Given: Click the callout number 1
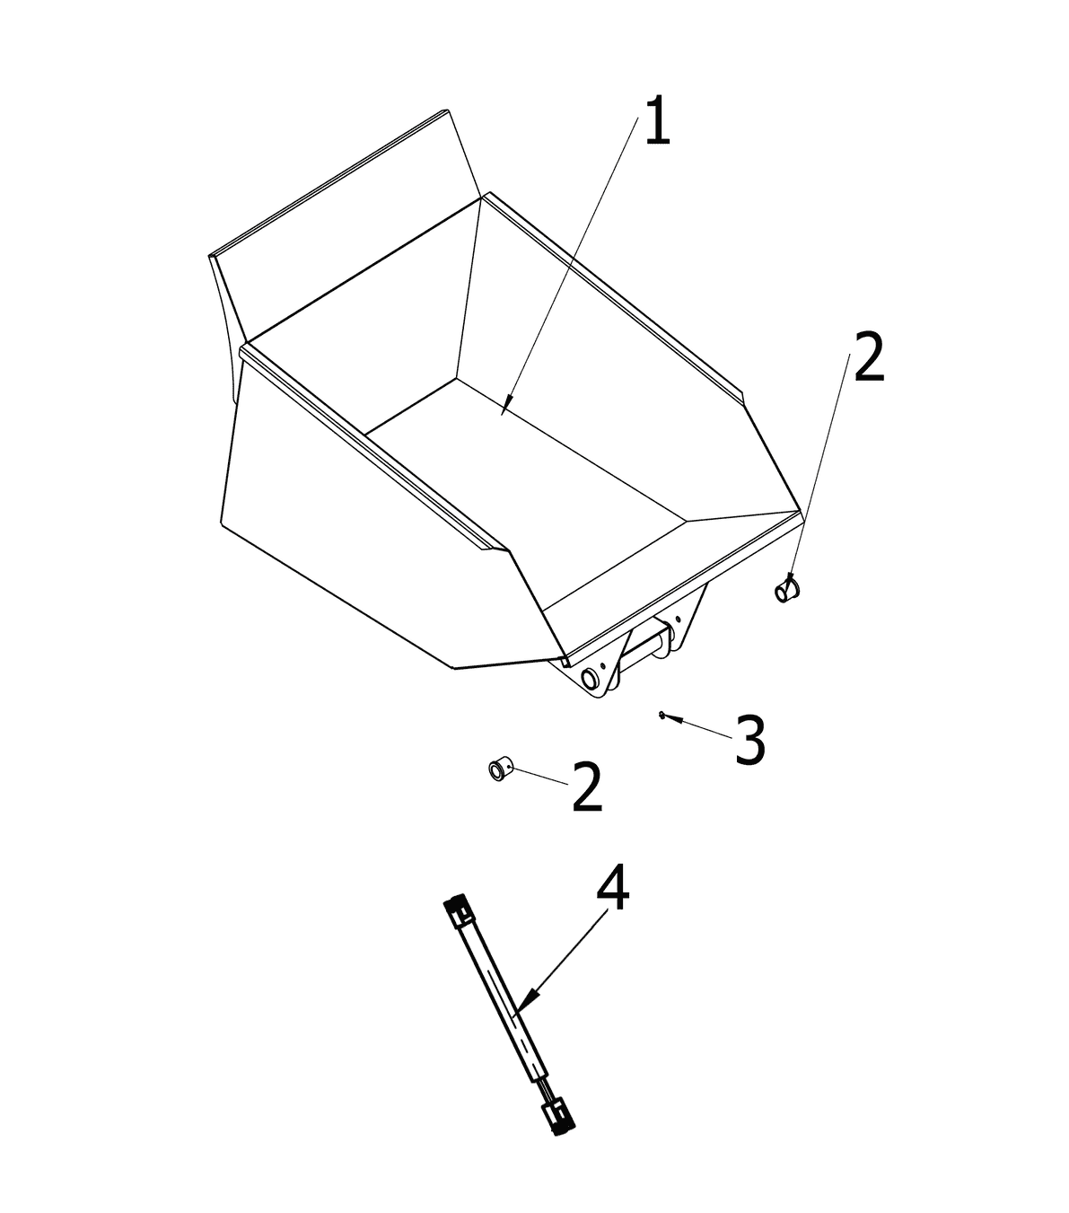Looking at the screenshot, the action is coord(658,120).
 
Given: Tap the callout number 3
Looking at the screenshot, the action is coord(750,740).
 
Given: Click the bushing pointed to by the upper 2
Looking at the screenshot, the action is coord(787,590).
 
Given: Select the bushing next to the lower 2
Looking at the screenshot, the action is coord(500,769).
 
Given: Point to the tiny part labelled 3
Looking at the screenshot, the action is coord(661,714).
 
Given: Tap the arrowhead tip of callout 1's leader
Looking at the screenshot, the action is coord(502,414).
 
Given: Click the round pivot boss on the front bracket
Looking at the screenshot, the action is coord(591,679).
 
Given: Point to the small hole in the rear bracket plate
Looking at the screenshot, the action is coord(679,618).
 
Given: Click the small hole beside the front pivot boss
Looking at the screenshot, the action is coord(603,664).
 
